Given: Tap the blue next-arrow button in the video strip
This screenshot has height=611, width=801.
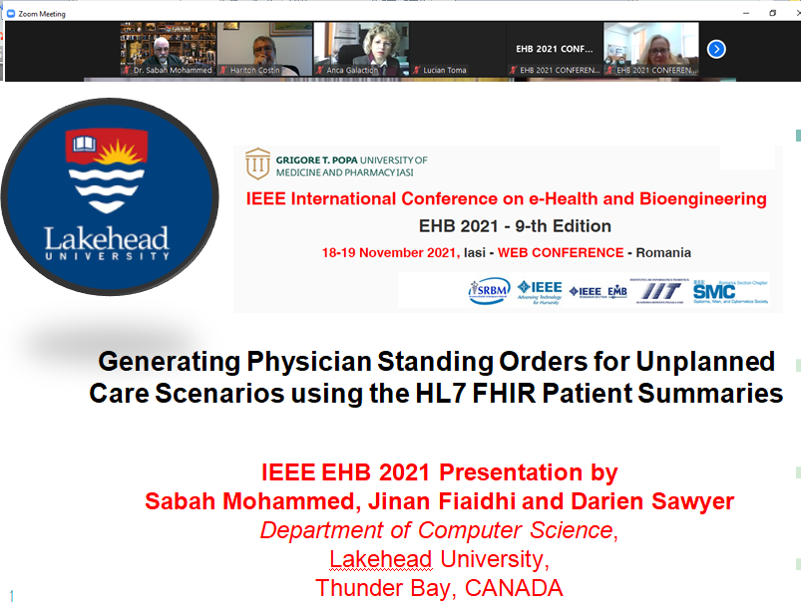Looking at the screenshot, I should point(715,49).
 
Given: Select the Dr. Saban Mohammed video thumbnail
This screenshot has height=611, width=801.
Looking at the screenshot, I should point(167,47).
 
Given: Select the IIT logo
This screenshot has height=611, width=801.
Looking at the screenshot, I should point(655,290).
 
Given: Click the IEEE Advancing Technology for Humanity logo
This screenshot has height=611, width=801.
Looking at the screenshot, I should point(540,290).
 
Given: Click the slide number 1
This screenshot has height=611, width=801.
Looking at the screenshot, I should point(12,596).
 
